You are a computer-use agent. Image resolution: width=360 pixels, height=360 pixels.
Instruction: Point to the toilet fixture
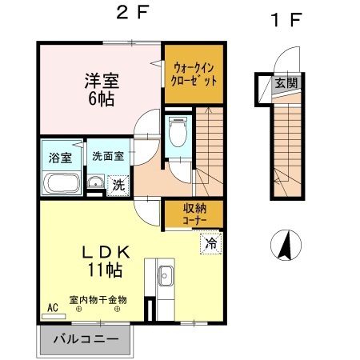coord(178,134)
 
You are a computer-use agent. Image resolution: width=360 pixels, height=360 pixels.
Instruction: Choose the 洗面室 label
coord(106,157)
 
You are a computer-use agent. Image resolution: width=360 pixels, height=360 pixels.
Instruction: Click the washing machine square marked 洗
coord(118,183)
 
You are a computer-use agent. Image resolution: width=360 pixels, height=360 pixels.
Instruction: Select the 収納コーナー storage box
coord(191,214)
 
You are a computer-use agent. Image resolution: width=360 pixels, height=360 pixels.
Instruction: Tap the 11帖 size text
coord(105,270)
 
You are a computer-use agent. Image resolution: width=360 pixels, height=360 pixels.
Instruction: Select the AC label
coord(53,307)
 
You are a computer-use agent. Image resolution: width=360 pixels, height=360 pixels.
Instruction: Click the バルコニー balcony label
coord(86,338)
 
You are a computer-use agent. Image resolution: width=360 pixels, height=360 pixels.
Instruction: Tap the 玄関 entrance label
coord(286,82)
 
